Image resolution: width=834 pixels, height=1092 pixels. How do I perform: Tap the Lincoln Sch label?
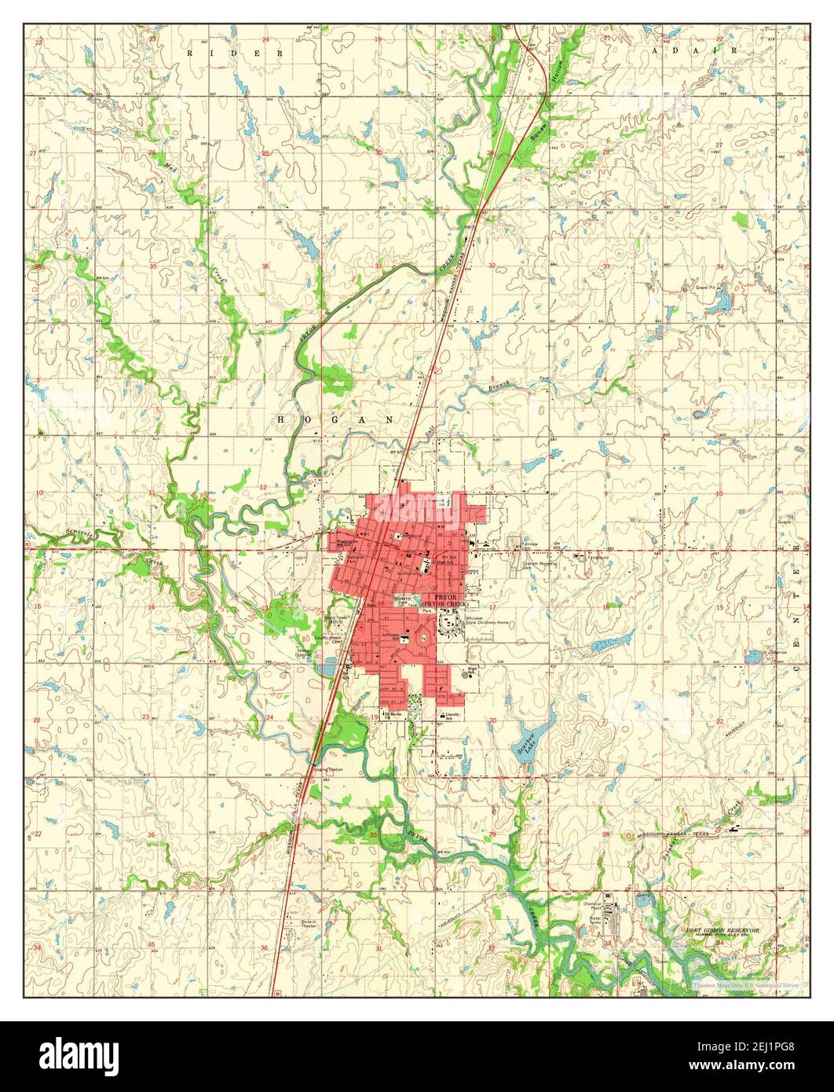point(451,716)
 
